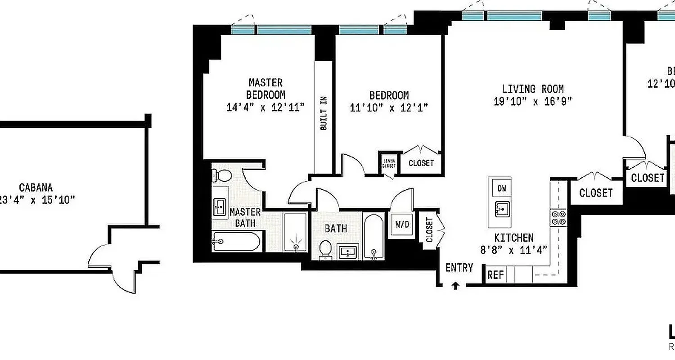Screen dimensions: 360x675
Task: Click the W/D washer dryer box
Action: click(x=402, y=224)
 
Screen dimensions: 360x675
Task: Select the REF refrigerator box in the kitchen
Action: click(x=495, y=274)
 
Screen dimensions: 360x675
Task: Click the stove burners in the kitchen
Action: click(x=558, y=218)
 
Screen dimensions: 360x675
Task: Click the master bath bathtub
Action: click(x=236, y=242)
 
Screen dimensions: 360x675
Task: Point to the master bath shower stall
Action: click(x=296, y=232)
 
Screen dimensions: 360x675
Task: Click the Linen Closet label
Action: click(x=389, y=163)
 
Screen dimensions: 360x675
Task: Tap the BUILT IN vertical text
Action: click(x=323, y=113)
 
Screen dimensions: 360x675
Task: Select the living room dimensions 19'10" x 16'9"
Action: click(x=533, y=101)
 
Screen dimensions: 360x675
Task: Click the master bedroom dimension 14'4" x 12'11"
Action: click(x=265, y=107)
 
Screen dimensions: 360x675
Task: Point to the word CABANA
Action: click(x=36, y=187)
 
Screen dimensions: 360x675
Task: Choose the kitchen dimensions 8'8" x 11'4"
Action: click(x=513, y=250)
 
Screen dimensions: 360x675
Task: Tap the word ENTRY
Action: click(x=459, y=268)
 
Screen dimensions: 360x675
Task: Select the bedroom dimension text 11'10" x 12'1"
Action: click(x=389, y=108)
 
